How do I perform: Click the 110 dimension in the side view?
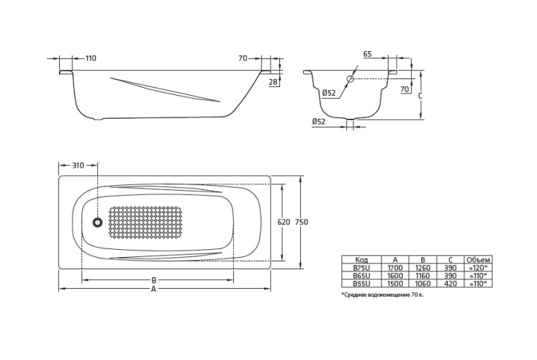(x=91, y=58)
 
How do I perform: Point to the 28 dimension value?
(x=273, y=83)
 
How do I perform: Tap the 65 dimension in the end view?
(x=367, y=55)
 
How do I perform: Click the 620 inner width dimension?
(x=284, y=222)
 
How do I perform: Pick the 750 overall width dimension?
(x=302, y=222)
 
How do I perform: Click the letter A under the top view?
(x=153, y=289)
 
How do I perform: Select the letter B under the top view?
(x=153, y=279)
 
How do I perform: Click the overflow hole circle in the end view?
(x=350, y=78)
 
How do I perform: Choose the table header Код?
(x=363, y=259)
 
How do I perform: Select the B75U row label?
(x=363, y=267)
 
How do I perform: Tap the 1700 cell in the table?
(x=395, y=267)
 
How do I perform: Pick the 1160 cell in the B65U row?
(x=423, y=275)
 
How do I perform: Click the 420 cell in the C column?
(x=449, y=284)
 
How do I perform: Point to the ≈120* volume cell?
(x=477, y=267)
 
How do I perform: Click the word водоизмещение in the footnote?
(x=388, y=296)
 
